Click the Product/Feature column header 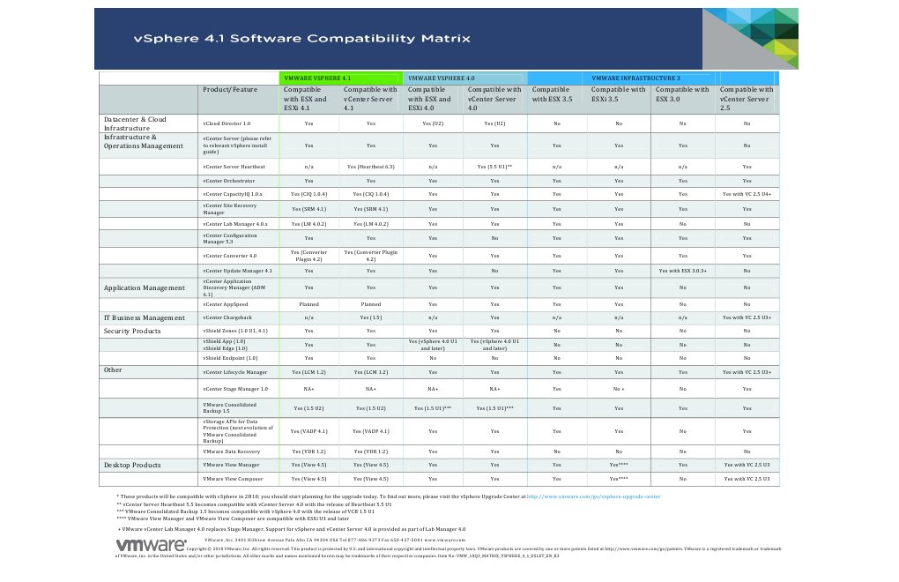point(230,90)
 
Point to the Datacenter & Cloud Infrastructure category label point(135,123)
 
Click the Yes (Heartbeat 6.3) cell point(371,166)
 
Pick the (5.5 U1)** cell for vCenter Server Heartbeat point(494,166)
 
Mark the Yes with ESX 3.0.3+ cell point(683,270)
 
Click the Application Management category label point(145,288)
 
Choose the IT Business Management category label point(145,317)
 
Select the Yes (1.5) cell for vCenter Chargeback point(371,317)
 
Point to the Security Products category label point(133,331)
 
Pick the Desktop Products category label point(132,465)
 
